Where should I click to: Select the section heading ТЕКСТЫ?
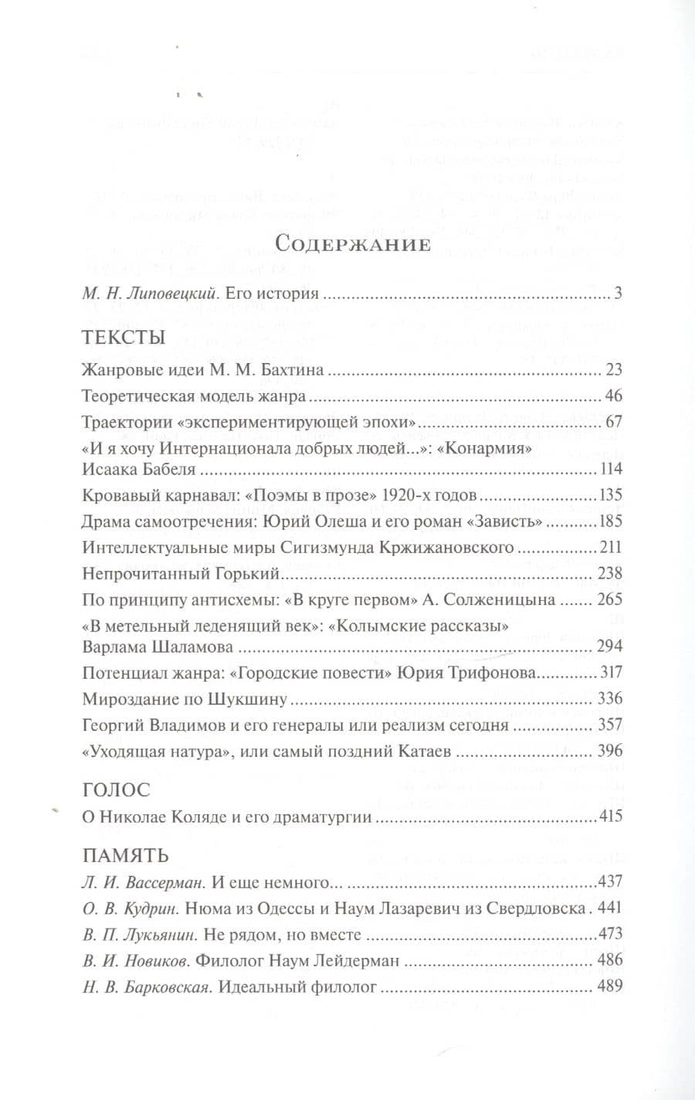pyautogui.click(x=123, y=338)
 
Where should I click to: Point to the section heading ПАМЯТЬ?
pyautogui.click(x=125, y=855)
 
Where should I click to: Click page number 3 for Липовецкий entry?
pyautogui.click(x=618, y=294)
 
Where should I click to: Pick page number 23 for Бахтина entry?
pyautogui.click(x=614, y=370)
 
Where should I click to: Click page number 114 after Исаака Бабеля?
pyautogui.click(x=610, y=470)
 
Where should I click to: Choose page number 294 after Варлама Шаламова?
pyautogui.click(x=610, y=647)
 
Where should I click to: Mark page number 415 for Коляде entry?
pyautogui.click(x=610, y=817)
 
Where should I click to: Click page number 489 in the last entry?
pyautogui.click(x=610, y=986)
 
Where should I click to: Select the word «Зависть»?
pyautogui.click(x=506, y=522)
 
